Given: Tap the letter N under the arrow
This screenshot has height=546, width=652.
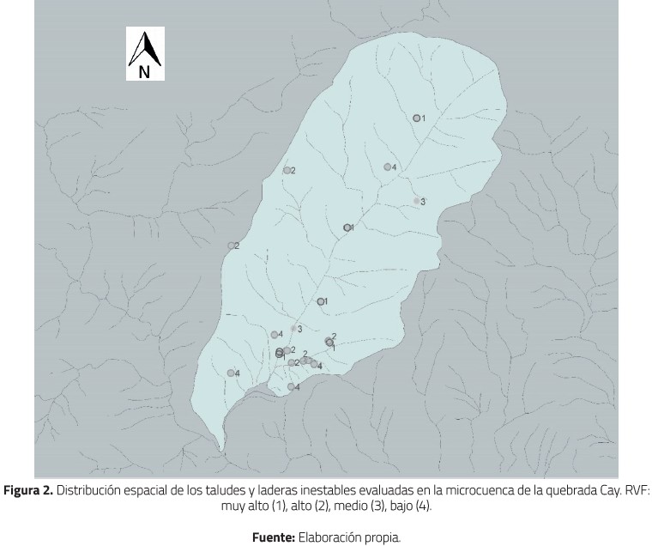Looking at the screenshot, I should tap(144, 72).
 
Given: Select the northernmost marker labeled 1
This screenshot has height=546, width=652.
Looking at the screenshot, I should tap(416, 118).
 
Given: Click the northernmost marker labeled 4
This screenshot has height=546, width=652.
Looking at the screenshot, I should tap(388, 167).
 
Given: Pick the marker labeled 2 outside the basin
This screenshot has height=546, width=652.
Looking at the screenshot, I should tap(231, 246).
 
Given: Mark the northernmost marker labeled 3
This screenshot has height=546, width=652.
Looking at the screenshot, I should tap(417, 201).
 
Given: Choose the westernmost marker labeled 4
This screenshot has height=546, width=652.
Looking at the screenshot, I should tap(231, 373).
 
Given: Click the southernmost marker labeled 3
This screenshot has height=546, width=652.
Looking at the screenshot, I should tap(293, 329).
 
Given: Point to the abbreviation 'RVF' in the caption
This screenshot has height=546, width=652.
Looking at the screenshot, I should tap(634, 491).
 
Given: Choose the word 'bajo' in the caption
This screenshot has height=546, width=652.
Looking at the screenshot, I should tap(400, 506).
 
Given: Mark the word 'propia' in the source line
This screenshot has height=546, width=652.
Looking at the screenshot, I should tap(381, 538).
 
